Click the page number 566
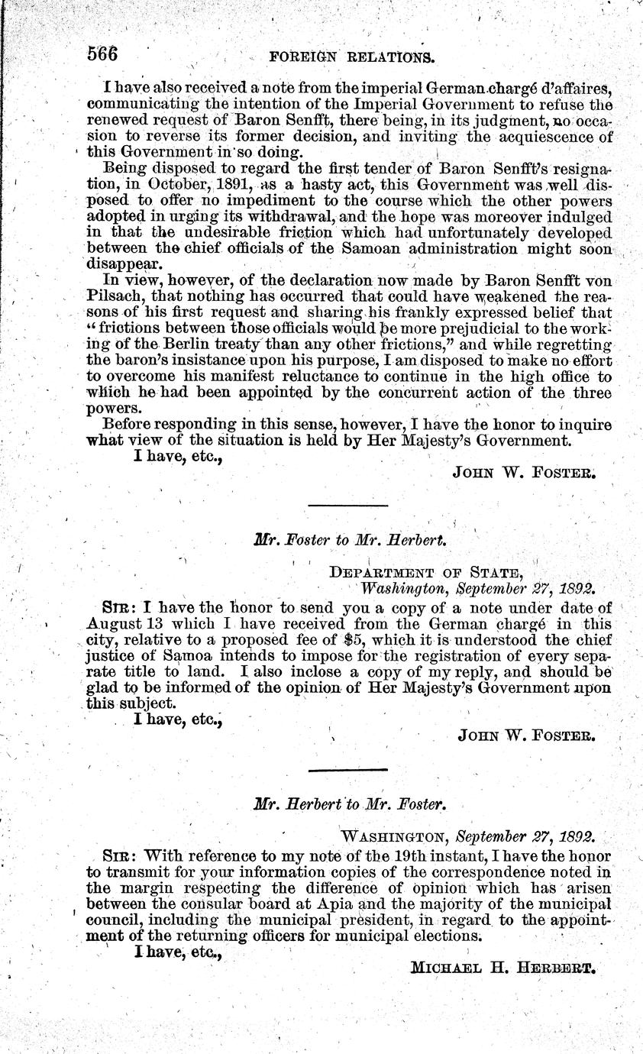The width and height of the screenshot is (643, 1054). (106, 54)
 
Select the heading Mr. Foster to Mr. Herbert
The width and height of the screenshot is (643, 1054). (350, 539)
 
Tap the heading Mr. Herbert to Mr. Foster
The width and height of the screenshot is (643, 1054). (350, 804)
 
